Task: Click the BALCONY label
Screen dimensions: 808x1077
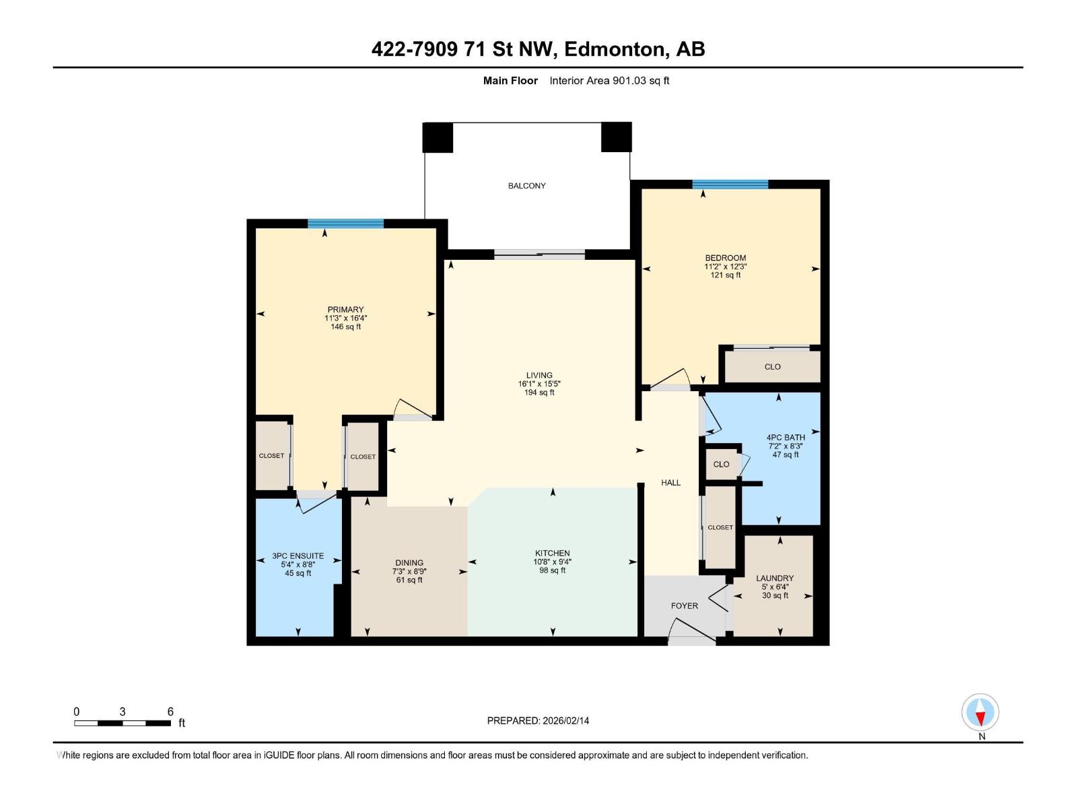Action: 526,186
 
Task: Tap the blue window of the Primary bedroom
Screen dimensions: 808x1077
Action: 345,224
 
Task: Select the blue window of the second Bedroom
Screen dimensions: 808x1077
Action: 730,184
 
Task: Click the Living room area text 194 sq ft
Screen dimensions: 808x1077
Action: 539,393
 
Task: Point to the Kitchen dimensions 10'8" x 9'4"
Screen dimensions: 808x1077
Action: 552,562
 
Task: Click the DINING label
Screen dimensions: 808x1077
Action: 409,563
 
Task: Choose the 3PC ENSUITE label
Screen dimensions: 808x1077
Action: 298,556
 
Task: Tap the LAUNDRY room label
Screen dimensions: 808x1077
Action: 774,578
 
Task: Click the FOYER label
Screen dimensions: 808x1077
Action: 684,606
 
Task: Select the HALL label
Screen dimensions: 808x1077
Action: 670,483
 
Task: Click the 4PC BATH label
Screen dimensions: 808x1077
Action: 785,437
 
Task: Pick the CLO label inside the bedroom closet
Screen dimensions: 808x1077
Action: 772,367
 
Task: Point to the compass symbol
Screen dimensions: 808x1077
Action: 980,712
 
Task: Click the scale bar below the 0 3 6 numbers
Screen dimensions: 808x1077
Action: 122,723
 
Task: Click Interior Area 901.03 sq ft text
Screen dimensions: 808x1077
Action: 609,81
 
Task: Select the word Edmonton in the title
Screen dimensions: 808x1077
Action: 614,49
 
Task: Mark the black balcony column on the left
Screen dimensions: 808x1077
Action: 438,137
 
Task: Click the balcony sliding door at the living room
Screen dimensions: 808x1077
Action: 539,255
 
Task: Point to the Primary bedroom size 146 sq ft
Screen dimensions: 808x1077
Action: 345,327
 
